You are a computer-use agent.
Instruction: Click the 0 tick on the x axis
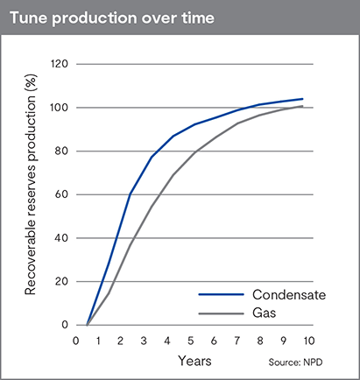[76, 339]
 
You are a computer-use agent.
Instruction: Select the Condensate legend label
[289, 295]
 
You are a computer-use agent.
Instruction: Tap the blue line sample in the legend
[220, 295]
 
